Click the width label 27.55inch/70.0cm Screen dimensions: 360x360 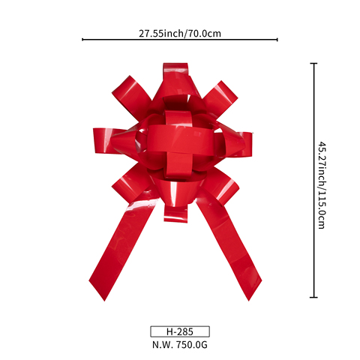pos(180,34)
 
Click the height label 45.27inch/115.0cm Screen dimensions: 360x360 pos(322,185)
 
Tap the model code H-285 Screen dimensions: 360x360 pos(180,331)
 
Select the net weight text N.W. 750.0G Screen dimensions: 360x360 pos(180,345)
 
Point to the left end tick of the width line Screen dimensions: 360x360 pos(82,39)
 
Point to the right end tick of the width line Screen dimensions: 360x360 pos(277,39)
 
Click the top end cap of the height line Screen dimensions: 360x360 pos(313,64)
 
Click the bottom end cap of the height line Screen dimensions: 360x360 pos(313,297)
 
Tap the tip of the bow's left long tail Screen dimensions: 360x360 pos(104,301)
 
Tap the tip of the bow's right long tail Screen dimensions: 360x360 pos(249,301)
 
